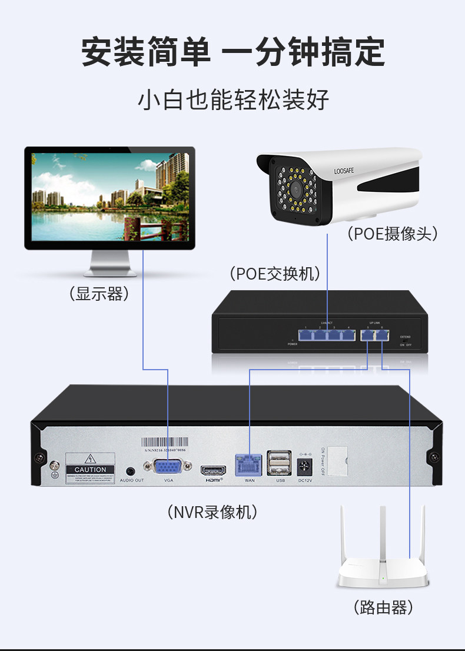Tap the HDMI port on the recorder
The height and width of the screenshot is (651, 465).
tap(213, 471)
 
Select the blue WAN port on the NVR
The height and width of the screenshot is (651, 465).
tap(249, 464)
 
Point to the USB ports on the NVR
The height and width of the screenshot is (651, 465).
tap(279, 463)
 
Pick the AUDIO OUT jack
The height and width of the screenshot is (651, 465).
tap(131, 471)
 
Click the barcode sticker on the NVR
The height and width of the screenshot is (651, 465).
tap(165, 443)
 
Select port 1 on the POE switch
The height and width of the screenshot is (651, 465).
tap(306, 336)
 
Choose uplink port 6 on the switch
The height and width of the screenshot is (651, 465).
tap(382, 336)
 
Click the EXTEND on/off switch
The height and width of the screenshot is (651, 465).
tap(406, 341)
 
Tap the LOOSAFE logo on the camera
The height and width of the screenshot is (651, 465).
tap(344, 171)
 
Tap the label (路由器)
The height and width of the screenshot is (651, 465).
tap(383, 607)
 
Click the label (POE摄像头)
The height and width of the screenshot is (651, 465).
tap(393, 234)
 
